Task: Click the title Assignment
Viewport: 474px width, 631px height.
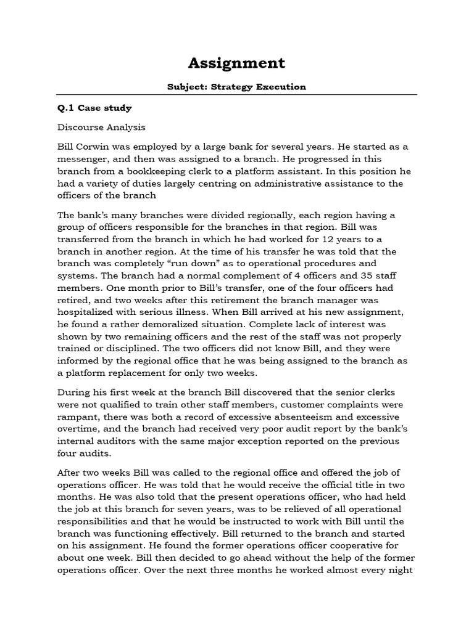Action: (x=236, y=63)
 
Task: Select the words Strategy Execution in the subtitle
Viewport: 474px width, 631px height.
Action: (x=268, y=87)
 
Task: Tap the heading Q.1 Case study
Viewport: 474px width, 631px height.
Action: (x=94, y=108)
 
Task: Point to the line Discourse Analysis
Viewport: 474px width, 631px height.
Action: (x=101, y=128)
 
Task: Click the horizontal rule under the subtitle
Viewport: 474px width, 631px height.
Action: (x=236, y=95)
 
